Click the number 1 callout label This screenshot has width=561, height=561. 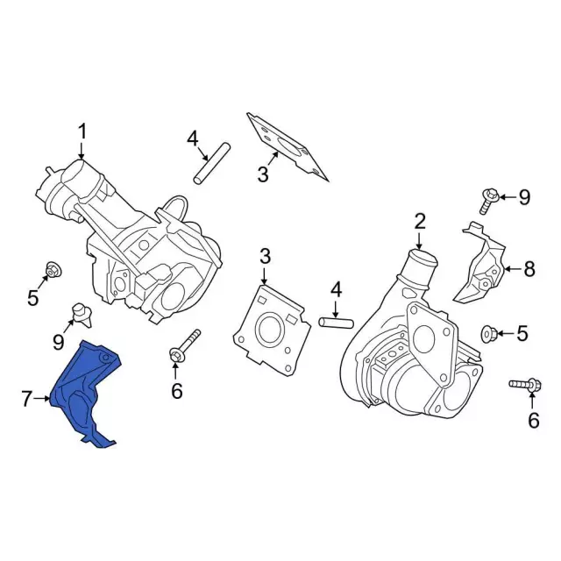(82, 131)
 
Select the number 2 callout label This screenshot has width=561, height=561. (420, 220)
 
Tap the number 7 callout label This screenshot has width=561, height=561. (26, 400)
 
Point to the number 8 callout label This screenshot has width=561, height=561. (529, 270)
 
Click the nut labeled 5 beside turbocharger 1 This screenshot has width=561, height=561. (52, 270)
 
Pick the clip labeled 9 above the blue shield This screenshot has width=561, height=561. (81, 310)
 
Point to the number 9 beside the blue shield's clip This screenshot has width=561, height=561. (59, 341)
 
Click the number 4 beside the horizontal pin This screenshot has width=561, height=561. (335, 289)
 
